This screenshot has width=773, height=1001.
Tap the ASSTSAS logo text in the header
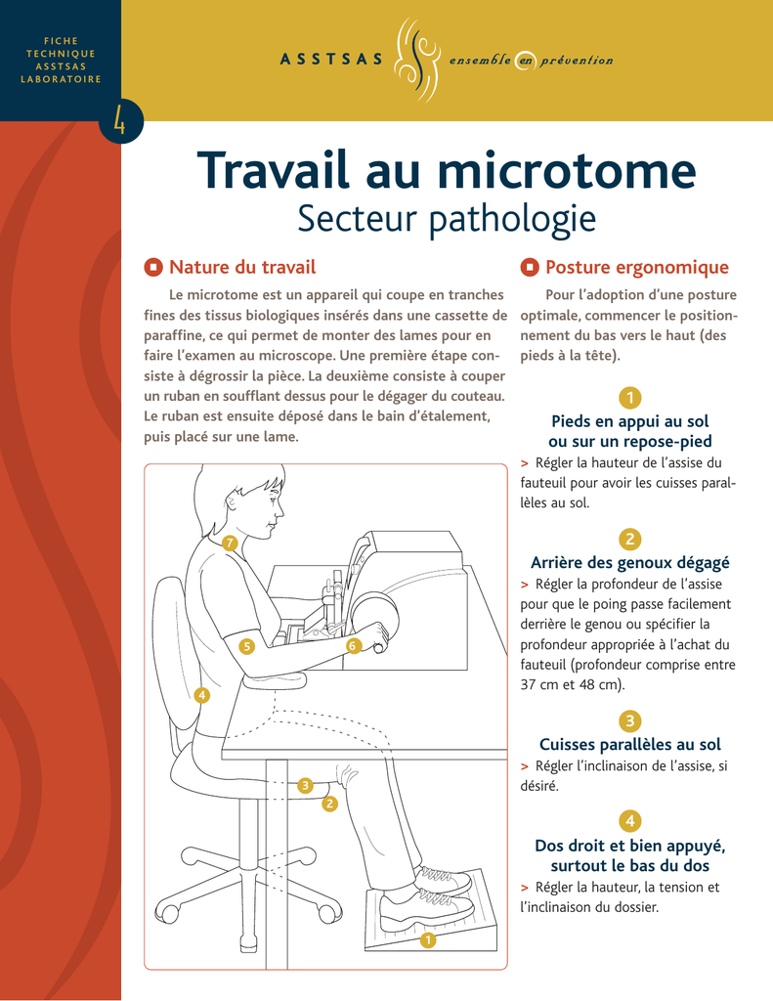(x=331, y=60)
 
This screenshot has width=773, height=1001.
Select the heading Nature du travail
(x=242, y=267)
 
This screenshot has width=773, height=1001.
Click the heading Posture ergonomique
(x=636, y=267)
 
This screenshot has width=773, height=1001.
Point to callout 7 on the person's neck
(x=231, y=544)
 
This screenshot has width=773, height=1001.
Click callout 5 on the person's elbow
(x=246, y=646)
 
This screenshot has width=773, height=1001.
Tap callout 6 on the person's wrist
(x=353, y=645)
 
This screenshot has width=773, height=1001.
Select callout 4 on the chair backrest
(x=201, y=695)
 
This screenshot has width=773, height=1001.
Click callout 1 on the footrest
(x=428, y=939)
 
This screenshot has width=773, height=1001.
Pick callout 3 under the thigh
(x=305, y=785)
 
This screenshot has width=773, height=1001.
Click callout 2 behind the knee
(x=329, y=804)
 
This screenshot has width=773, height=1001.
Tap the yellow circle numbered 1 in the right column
(x=630, y=398)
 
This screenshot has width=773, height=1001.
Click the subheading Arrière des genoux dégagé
(x=630, y=562)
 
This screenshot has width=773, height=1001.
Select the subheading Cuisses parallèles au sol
(x=630, y=744)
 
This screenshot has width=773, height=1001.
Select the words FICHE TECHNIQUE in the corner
(x=61, y=47)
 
